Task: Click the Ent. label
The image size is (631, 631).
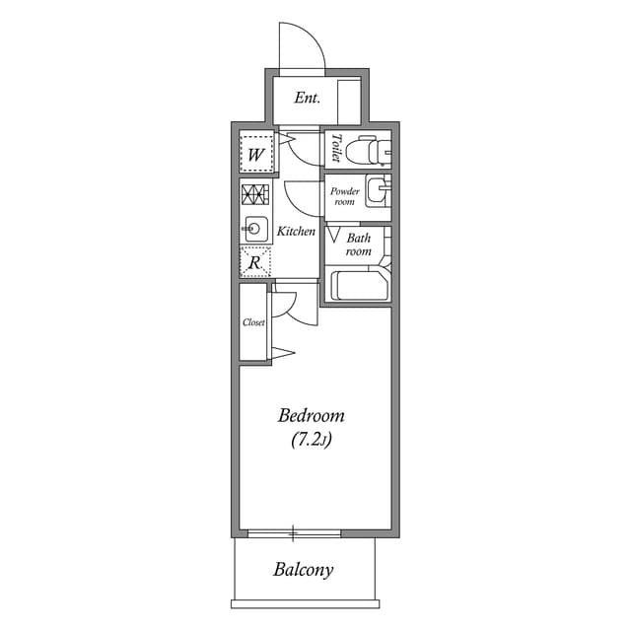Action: pos(308,100)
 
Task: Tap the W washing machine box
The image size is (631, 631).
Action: pos(255,154)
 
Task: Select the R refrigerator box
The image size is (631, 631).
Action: pos(254,263)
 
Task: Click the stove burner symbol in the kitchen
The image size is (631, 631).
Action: pos(254,194)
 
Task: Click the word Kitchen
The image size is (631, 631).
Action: pos(296,232)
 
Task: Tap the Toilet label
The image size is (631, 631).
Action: pos(336,148)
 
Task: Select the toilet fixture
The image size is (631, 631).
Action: pos(374,149)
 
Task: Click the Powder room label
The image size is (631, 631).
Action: pos(343,195)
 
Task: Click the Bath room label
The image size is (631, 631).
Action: pos(358,245)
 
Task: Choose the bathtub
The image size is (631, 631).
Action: pos(361,286)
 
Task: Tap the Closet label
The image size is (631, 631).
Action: pos(254,322)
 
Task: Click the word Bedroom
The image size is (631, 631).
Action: pos(311,415)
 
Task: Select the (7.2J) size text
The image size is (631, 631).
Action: pos(311,441)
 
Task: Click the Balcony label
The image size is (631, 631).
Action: pos(303,570)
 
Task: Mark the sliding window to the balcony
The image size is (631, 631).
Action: pos(293,534)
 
